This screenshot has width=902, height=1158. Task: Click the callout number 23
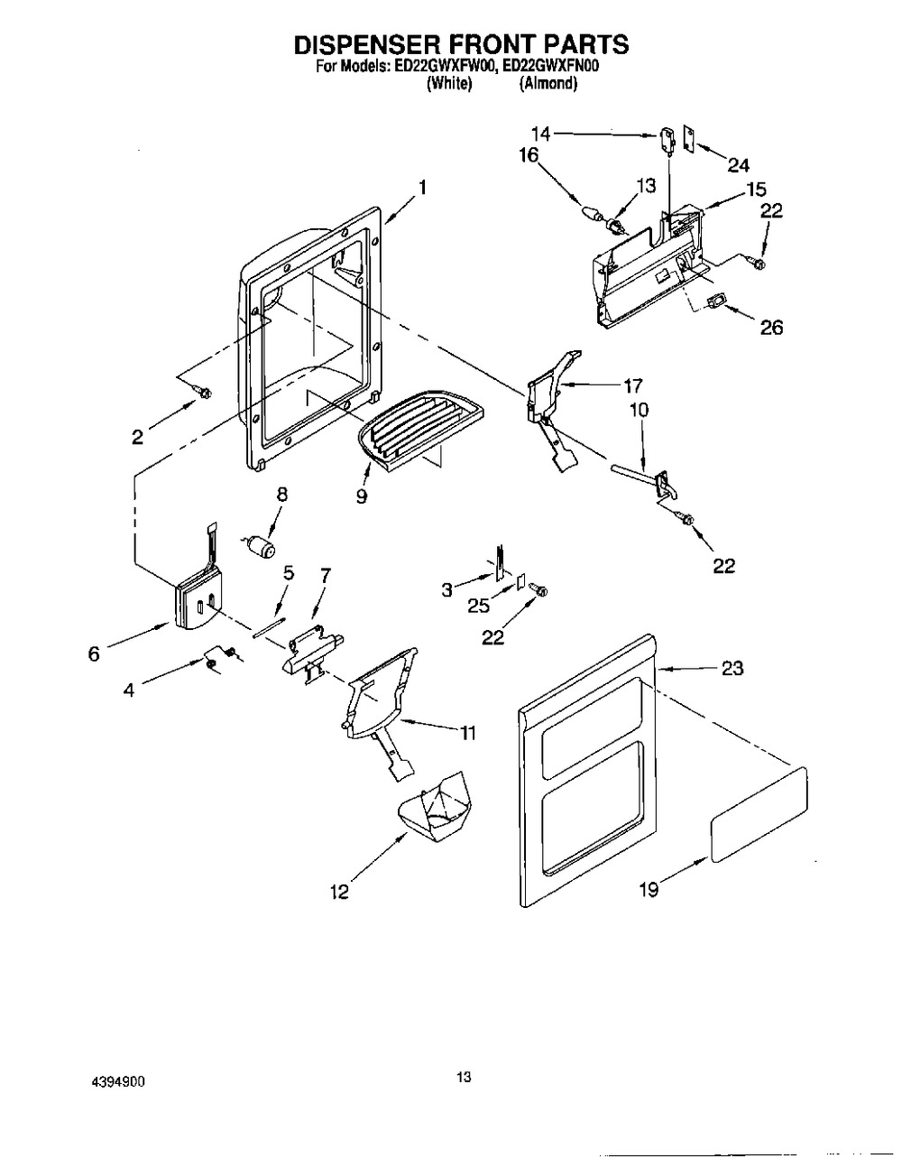click(732, 669)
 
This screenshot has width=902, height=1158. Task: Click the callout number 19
click(649, 890)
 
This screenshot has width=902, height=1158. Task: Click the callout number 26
click(771, 327)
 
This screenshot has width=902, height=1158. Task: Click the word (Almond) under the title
click(548, 83)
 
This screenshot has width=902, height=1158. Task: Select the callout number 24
click(738, 164)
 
